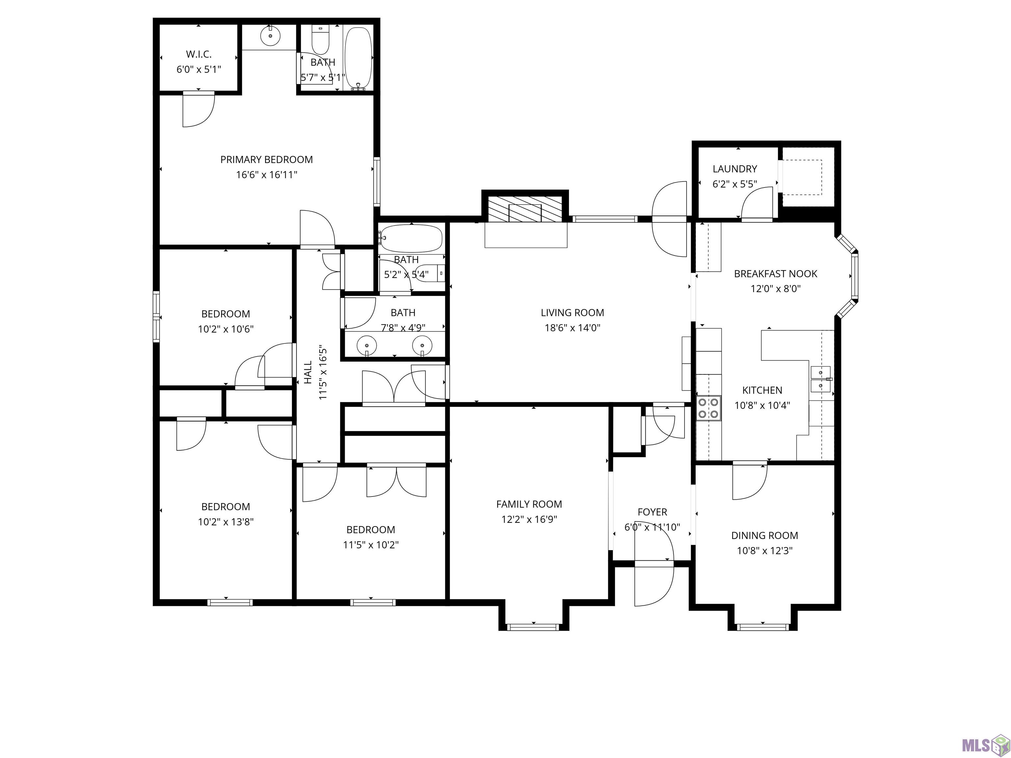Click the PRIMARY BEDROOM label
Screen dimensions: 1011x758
[x=267, y=160]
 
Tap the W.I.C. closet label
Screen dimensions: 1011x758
[x=199, y=54]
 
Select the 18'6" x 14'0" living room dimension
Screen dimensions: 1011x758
[x=572, y=328]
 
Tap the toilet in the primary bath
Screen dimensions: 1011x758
[x=321, y=40]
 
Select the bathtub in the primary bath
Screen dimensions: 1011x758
[x=358, y=58]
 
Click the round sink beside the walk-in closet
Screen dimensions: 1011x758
[x=270, y=36]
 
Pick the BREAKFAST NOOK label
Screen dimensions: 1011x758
[x=776, y=274]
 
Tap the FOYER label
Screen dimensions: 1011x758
[x=652, y=512]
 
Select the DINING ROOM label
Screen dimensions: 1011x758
[x=765, y=536]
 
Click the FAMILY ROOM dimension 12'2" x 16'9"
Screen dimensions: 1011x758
[x=529, y=519]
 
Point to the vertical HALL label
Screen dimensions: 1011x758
[x=308, y=372]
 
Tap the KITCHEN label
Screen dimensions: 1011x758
[x=762, y=390]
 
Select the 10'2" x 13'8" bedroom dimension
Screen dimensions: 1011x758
[x=226, y=522]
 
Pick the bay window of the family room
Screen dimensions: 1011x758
[x=533, y=627]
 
